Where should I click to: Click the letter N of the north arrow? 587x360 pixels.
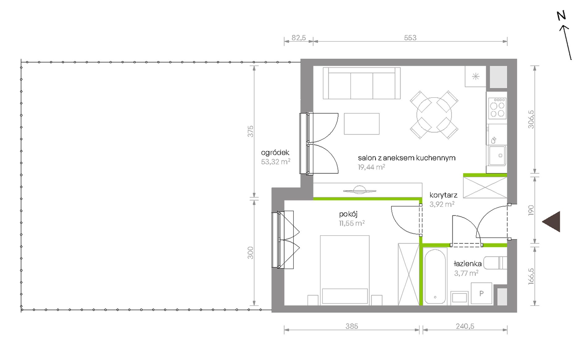pyautogui.click(x=561, y=15)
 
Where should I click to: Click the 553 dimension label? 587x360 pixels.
pyautogui.click(x=410, y=38)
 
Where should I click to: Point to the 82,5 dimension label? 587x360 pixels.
pyautogui.click(x=299, y=38)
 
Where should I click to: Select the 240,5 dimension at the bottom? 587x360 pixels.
pyautogui.click(x=465, y=326)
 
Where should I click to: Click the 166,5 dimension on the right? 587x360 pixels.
pyautogui.click(x=531, y=276)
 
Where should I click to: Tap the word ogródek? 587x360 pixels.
pyautogui.click(x=275, y=152)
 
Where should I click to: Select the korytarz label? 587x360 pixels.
pyautogui.click(x=443, y=195)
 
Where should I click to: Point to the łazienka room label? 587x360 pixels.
pyautogui.click(x=467, y=264)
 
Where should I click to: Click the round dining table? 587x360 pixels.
pyautogui.click(x=434, y=115)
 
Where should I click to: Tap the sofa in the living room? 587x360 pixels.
pyautogui.click(x=362, y=83)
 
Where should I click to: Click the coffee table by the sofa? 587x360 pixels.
pyautogui.click(x=362, y=124)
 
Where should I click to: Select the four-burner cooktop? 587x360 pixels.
pyautogui.click(x=497, y=108)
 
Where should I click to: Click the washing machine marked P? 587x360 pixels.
pyautogui.click(x=481, y=293)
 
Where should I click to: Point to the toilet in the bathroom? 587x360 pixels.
pyautogui.click(x=495, y=263)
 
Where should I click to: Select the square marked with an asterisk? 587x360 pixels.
pyautogui.click(x=475, y=76)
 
